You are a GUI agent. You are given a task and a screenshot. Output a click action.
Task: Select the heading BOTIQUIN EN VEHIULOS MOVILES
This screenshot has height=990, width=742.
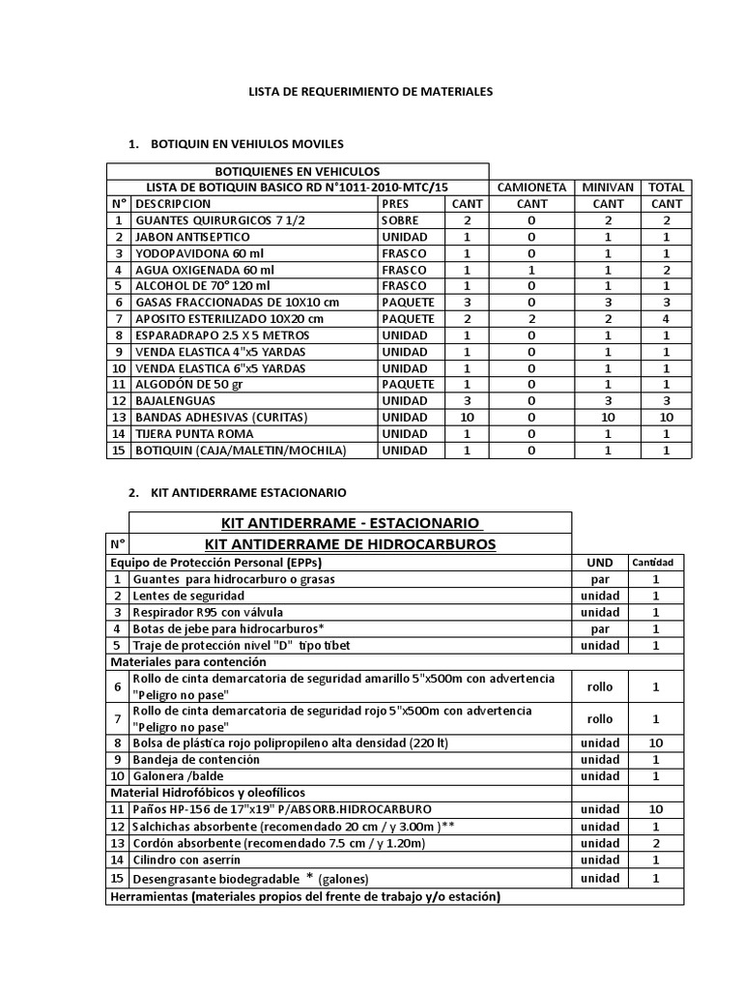(246, 144)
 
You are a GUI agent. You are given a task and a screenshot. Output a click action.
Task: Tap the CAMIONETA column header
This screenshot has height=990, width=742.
(531, 187)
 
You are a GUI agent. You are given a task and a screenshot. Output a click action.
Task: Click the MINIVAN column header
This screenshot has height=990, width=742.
(608, 187)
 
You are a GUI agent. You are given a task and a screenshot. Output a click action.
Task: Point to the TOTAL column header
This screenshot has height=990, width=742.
(667, 187)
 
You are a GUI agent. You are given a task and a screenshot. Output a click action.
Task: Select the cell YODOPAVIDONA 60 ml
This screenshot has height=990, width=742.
(191, 253)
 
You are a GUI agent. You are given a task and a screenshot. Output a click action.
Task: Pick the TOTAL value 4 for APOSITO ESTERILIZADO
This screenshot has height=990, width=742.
(667, 319)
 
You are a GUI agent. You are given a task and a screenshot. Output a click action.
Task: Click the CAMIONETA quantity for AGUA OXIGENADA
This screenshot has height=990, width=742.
(531, 270)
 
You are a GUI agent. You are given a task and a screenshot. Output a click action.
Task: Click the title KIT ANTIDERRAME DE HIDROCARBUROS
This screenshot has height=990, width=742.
(351, 544)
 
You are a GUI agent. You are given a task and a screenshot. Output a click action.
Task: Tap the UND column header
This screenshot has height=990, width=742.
(600, 563)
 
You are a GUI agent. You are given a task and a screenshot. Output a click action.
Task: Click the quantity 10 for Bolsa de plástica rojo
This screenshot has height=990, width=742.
(656, 743)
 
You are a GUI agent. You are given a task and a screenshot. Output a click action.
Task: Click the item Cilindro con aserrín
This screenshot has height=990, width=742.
(188, 859)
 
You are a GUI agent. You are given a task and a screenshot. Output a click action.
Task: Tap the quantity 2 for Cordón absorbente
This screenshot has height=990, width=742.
(656, 843)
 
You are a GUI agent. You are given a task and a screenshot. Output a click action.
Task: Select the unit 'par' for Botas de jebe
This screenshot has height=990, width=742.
(600, 628)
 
